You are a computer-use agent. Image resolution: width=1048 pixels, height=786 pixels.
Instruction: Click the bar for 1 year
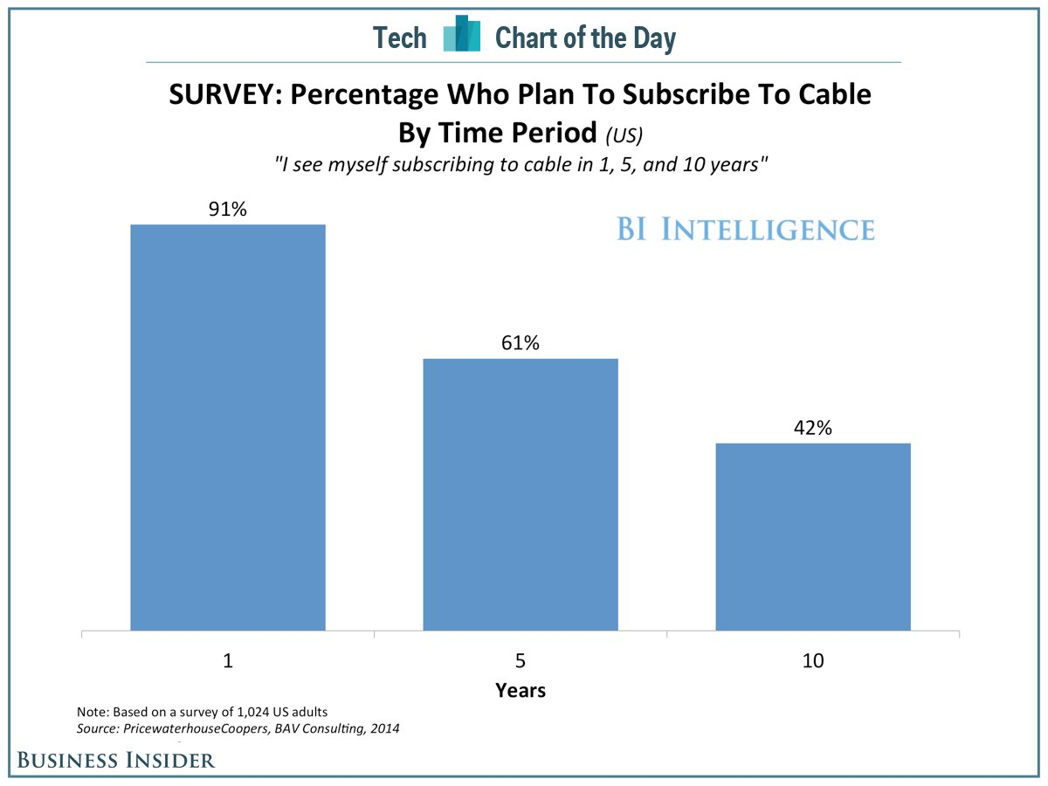pyautogui.click(x=228, y=427)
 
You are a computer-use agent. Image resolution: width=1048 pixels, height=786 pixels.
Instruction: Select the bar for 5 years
pyautogui.click(x=521, y=494)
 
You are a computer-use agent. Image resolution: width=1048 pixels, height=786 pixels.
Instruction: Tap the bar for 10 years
pyautogui.click(x=813, y=536)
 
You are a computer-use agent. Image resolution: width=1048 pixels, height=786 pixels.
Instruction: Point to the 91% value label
pyautogui.click(x=228, y=210)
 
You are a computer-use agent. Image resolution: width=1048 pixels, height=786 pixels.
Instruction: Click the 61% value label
pyautogui.click(x=521, y=343)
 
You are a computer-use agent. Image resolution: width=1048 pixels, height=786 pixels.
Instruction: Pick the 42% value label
pyautogui.click(x=813, y=428)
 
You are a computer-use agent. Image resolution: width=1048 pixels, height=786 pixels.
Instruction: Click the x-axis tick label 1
pyautogui.click(x=228, y=661)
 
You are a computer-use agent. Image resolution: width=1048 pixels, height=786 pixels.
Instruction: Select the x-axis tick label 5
pyautogui.click(x=521, y=661)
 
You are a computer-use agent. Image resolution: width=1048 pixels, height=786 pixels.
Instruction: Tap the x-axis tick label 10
pyautogui.click(x=813, y=661)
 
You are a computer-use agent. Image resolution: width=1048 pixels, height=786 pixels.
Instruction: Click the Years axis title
pyautogui.click(x=521, y=690)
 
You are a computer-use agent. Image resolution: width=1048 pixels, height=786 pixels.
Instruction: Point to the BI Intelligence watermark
pyautogui.click(x=745, y=230)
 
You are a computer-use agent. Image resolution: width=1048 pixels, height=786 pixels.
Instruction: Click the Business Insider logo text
pyautogui.click(x=116, y=760)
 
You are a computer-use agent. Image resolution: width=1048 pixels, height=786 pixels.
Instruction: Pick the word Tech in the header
pyautogui.click(x=400, y=38)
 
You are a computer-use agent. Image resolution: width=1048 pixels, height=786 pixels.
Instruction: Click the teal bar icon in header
pyautogui.click(x=462, y=35)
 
